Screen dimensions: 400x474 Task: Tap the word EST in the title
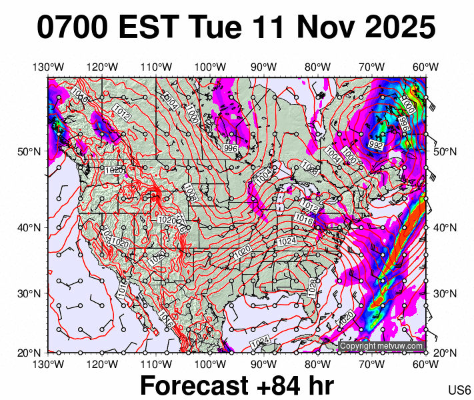coord(151,28)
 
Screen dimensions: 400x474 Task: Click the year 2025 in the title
coord(399,28)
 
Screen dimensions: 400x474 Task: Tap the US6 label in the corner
coord(460,390)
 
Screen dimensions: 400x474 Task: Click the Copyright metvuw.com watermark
coord(381,346)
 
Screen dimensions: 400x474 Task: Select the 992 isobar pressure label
coord(376,144)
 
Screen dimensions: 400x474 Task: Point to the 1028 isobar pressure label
coord(312,287)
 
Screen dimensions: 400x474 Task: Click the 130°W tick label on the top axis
coord(48,67)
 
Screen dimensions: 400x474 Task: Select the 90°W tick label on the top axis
coord(264,67)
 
